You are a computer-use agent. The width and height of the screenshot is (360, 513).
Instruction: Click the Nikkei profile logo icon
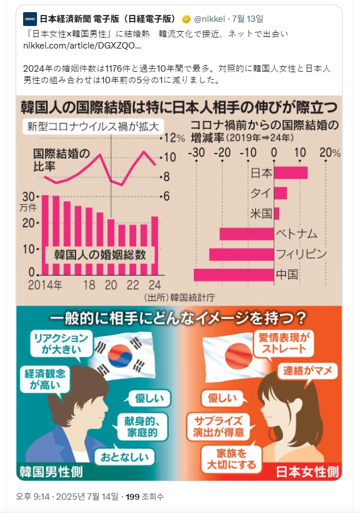(30, 19)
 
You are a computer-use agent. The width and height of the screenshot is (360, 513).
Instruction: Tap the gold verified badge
(187, 19)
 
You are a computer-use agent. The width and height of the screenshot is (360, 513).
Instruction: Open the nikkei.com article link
(81, 45)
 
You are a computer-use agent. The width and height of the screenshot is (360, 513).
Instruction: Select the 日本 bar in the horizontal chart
(290, 173)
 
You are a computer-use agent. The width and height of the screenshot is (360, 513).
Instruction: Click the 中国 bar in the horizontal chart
(233, 274)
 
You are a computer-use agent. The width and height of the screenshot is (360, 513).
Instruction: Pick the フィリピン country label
(302, 254)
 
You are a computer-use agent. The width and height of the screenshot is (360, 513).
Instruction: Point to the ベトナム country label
(296, 234)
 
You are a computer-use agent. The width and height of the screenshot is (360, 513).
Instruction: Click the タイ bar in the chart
(280, 193)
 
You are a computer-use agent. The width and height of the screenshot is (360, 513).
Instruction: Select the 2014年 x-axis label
(46, 285)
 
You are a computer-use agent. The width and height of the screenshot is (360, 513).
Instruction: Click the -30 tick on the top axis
(197, 153)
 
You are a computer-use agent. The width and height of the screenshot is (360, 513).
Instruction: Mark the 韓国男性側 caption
(51, 471)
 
